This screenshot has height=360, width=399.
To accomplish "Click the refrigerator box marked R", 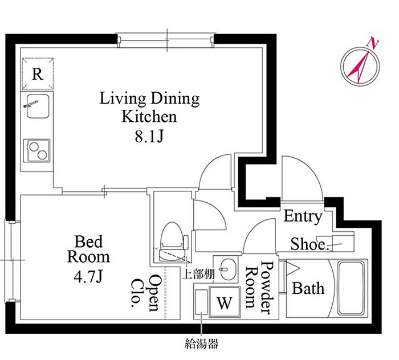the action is pyautogui.click(x=38, y=73).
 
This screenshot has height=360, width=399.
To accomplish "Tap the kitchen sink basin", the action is pyautogui.click(x=38, y=106).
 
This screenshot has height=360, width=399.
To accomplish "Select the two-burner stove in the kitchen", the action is pyautogui.click(x=36, y=150).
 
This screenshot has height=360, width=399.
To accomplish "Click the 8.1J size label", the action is pyautogui.click(x=149, y=137).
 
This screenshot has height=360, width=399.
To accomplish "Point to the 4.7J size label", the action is pyautogui.click(x=88, y=277).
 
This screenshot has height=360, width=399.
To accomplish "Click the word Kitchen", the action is pyautogui.click(x=149, y=116).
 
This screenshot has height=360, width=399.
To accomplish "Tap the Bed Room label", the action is pyautogui.click(x=88, y=249).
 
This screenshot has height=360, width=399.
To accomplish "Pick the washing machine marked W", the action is pyautogui.click(x=225, y=302).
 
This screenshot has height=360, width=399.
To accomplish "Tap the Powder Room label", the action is pyautogui.click(x=259, y=287).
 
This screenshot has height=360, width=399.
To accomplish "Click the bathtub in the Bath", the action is pyautogui.click(x=351, y=288).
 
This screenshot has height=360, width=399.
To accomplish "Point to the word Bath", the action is pyautogui.click(x=308, y=288).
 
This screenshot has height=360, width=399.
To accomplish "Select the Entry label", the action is pyautogui.click(x=303, y=216).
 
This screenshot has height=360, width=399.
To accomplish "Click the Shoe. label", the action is pyautogui.click(x=308, y=244).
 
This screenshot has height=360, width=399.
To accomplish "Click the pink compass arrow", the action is pyautogui.click(x=359, y=67).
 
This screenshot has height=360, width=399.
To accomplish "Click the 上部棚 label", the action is pyautogui.click(x=198, y=275).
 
